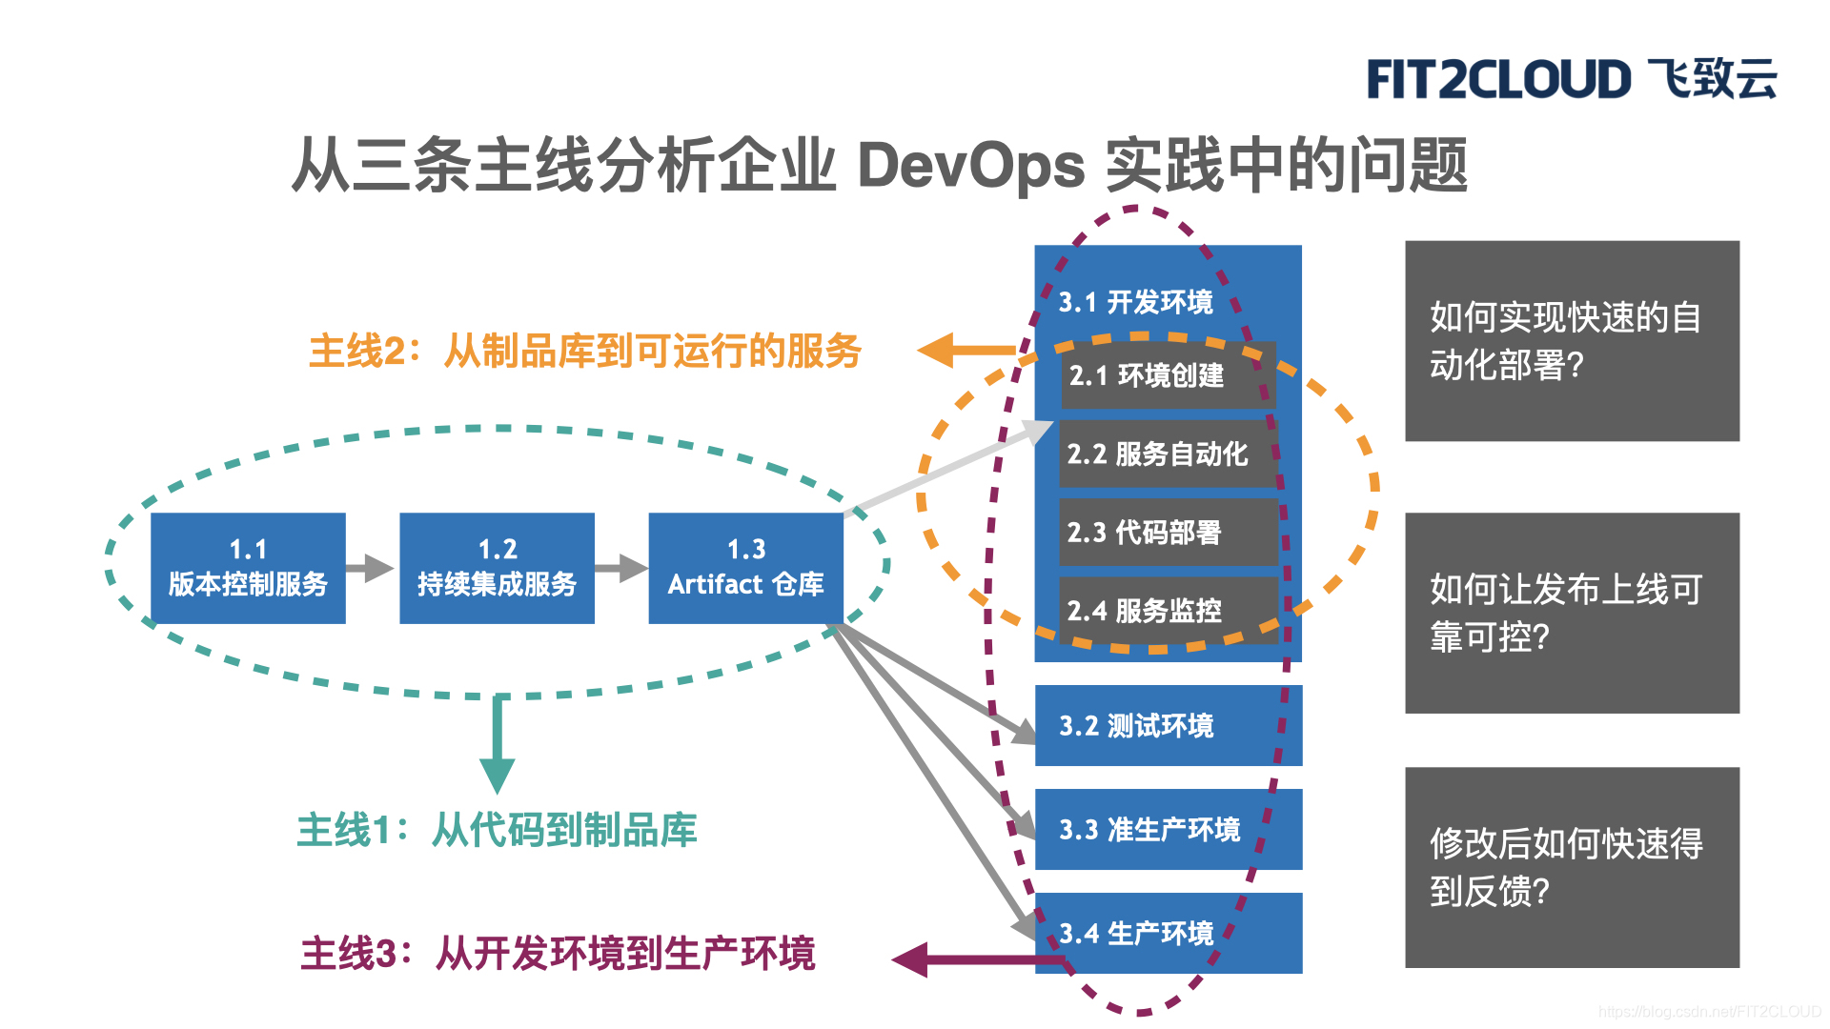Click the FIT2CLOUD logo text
click(1498, 79)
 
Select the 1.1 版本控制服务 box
click(248, 568)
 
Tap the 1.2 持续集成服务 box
click(497, 568)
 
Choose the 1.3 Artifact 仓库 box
click(745, 568)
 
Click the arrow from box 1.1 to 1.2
click(371, 568)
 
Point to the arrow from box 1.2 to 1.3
click(621, 568)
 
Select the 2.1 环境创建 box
click(1168, 375)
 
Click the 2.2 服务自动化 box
click(1168, 454)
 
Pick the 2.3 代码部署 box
click(1168, 532)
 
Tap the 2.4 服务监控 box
click(1168, 610)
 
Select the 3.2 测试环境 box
click(1168, 726)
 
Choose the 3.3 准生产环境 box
click(1168, 829)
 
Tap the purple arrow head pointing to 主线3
click(911, 959)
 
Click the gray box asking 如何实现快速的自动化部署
click(1572, 341)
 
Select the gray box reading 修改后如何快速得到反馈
click(1572, 867)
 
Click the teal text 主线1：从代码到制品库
click(497, 830)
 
